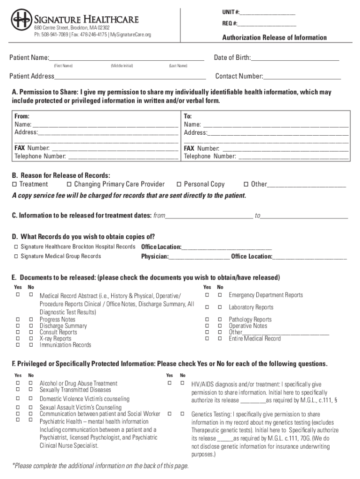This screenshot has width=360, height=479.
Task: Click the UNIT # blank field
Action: [268, 12]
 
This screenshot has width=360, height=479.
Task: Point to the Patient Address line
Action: [130, 77]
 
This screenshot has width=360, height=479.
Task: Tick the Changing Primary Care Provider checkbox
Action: [69, 184]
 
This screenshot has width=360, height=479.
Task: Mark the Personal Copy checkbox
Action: [179, 184]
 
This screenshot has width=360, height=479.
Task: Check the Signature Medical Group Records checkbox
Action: [16, 256]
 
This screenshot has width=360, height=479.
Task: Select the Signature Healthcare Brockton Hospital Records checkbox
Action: [16, 247]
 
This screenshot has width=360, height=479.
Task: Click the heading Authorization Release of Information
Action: [274, 37]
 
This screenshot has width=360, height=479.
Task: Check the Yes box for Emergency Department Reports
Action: [206, 295]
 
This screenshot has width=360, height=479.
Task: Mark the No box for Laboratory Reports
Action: [220, 307]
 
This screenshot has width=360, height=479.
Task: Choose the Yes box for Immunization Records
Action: [18, 345]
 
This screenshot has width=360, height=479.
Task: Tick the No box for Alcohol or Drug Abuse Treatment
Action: [31, 383]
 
